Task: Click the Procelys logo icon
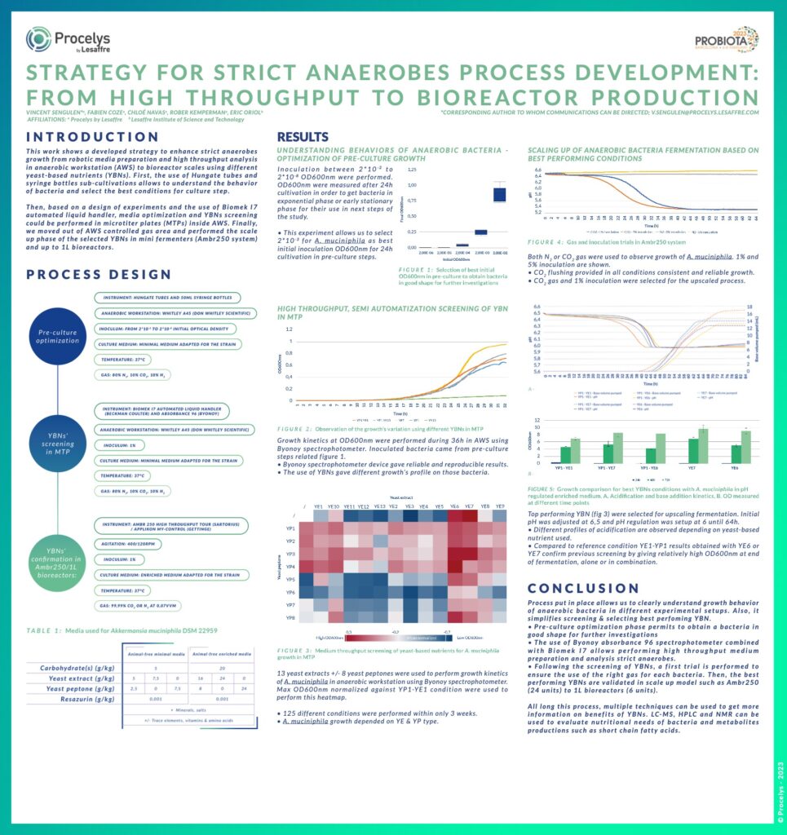[x=38, y=39]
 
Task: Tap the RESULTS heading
[x=303, y=136]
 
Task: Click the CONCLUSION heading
[x=583, y=588]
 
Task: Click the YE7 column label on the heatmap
[x=469, y=505]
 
